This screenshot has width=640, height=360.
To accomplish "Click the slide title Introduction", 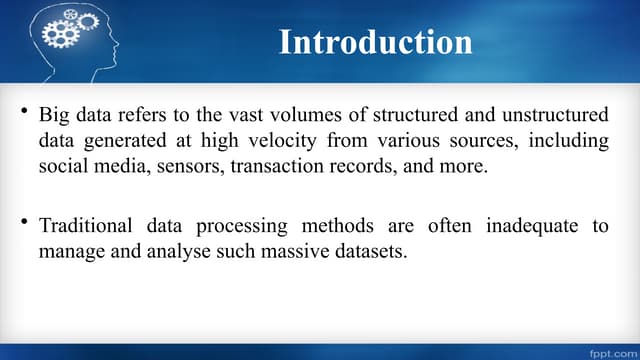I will coord(375,42).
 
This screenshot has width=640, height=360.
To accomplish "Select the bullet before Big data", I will coord(23,110).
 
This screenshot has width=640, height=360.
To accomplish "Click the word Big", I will coord(54,116).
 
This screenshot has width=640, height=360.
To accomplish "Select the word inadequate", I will coord(531,226).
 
